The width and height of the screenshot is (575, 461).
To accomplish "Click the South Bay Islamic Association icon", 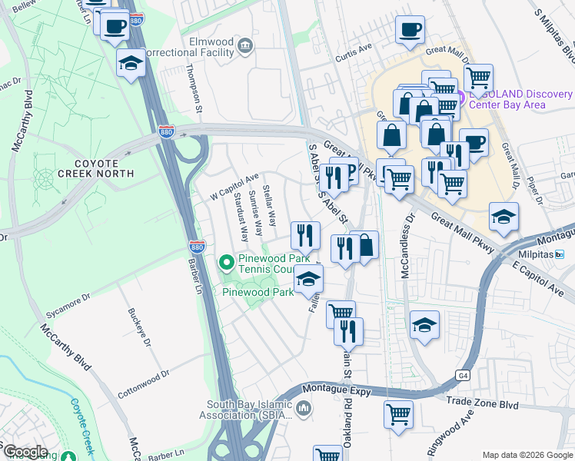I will tap(304, 407).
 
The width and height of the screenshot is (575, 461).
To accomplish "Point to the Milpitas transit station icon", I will tap(560, 254).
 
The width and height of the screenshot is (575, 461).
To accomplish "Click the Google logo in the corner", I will tap(25, 452).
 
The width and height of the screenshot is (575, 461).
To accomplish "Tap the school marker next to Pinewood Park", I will tap(309, 280).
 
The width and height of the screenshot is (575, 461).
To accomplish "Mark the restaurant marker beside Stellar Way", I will tap(305, 235).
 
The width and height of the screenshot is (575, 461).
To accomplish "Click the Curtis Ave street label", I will tap(353, 58).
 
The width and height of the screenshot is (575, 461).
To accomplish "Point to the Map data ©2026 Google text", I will tap(528, 455).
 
